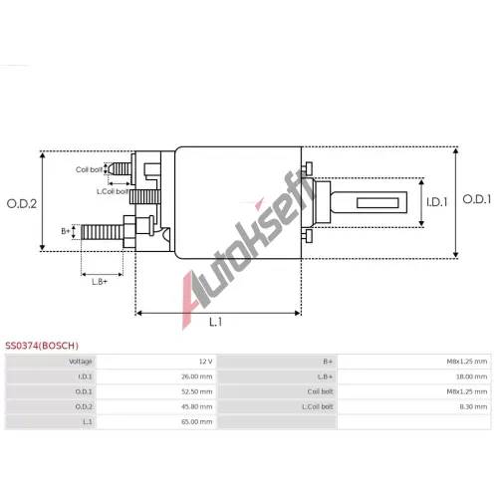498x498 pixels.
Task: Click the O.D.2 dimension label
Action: (22, 203)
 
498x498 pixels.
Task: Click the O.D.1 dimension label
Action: (477, 199)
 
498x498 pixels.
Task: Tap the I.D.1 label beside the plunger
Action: (437, 202)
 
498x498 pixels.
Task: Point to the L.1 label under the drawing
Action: (215, 322)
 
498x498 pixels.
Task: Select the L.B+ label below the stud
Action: (100, 282)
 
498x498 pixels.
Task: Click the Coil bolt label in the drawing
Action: (89, 169)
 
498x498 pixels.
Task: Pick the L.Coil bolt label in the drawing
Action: (113, 191)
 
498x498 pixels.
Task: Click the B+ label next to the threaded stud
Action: (66, 231)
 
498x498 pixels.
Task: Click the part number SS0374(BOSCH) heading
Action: (42, 346)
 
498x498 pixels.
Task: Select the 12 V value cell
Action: (206, 362)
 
